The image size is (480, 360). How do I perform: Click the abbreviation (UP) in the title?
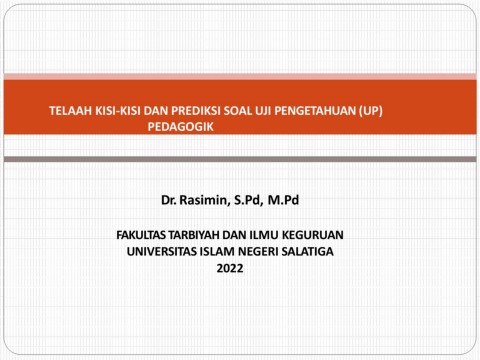pyautogui.click(x=371, y=111)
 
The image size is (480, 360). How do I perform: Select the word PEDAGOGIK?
pyautogui.click(x=180, y=127)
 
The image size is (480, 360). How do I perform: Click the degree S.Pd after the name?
pyautogui.click(x=247, y=200)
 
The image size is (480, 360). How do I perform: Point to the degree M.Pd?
pyautogui.click(x=283, y=200)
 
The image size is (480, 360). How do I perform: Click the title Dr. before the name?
pyautogui.click(x=169, y=200)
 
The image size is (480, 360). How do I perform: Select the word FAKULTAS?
pyautogui.click(x=141, y=235)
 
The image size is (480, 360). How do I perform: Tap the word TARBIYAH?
pyautogui.click(x=194, y=235)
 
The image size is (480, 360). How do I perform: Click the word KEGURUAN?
pyautogui.click(x=313, y=235)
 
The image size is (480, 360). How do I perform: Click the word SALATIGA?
pyautogui.click(x=307, y=251)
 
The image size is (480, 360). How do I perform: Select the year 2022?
pyautogui.click(x=230, y=268)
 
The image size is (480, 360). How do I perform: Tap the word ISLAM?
pyautogui.click(x=217, y=251)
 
